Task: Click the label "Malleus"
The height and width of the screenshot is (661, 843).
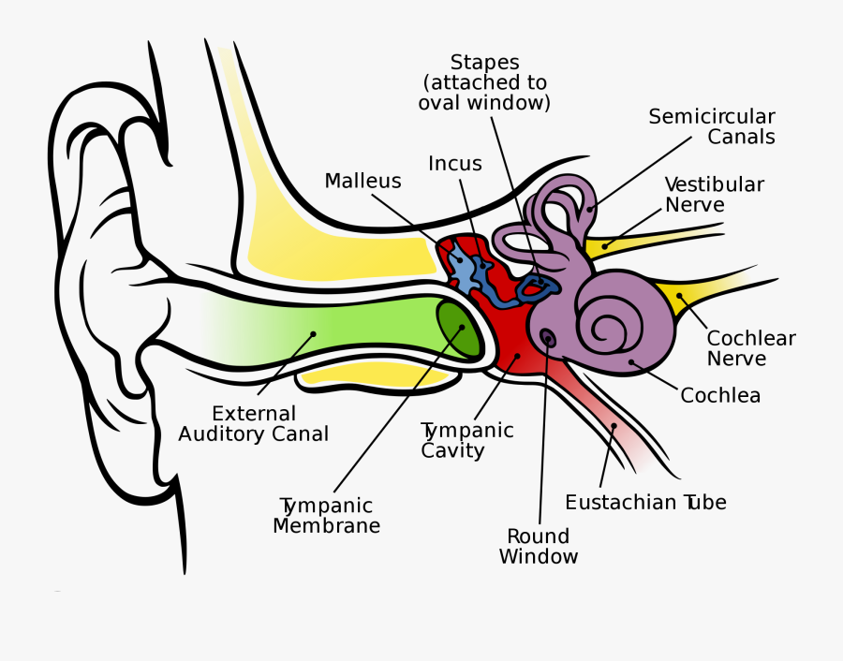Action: [362, 182]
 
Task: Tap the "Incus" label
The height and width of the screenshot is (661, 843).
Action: [455, 164]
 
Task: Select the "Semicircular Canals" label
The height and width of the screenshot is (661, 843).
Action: [713, 127]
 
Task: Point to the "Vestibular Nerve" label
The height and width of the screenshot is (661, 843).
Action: [715, 195]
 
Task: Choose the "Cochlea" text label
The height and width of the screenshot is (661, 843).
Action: [720, 395]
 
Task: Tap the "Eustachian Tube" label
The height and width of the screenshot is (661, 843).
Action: [645, 503]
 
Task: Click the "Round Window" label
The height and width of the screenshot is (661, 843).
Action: [539, 547]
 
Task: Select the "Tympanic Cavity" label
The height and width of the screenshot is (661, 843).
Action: [467, 440]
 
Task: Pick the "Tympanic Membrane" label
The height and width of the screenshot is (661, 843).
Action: [326, 516]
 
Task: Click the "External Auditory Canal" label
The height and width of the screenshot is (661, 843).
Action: [254, 423]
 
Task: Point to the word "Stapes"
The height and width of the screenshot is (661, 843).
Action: [484, 63]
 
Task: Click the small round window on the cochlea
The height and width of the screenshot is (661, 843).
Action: [547, 337]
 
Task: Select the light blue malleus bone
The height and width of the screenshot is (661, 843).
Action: [461, 267]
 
